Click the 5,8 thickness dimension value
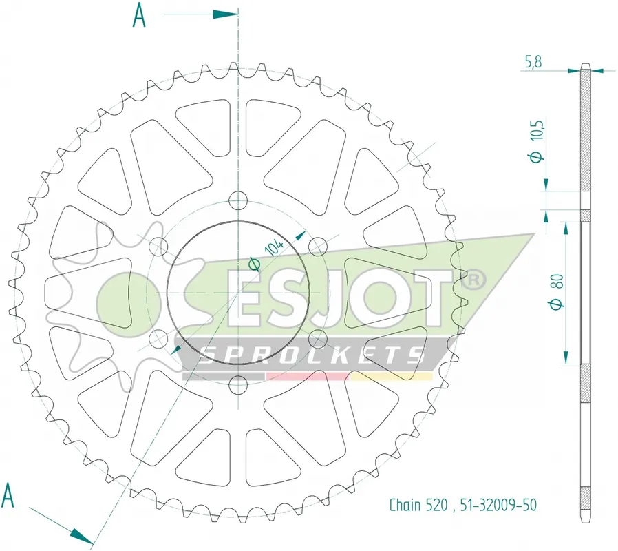(x=533, y=62)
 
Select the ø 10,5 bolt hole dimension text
(x=537, y=140)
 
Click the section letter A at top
(x=139, y=15)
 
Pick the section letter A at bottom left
(x=8, y=495)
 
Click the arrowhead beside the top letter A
(x=226, y=14)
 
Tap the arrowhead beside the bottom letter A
(x=82, y=536)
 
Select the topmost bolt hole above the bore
(x=238, y=200)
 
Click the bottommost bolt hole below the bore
(x=238, y=384)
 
